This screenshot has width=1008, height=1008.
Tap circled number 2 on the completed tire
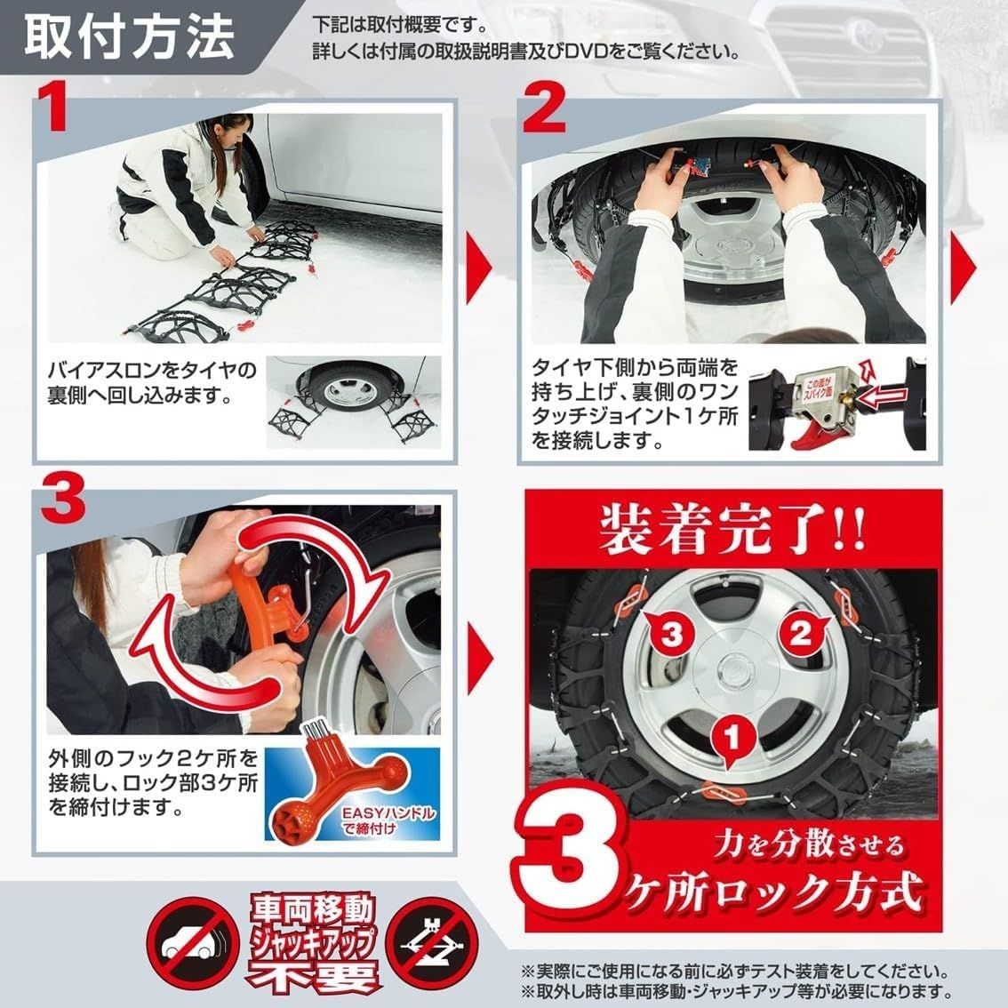(797, 634)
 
